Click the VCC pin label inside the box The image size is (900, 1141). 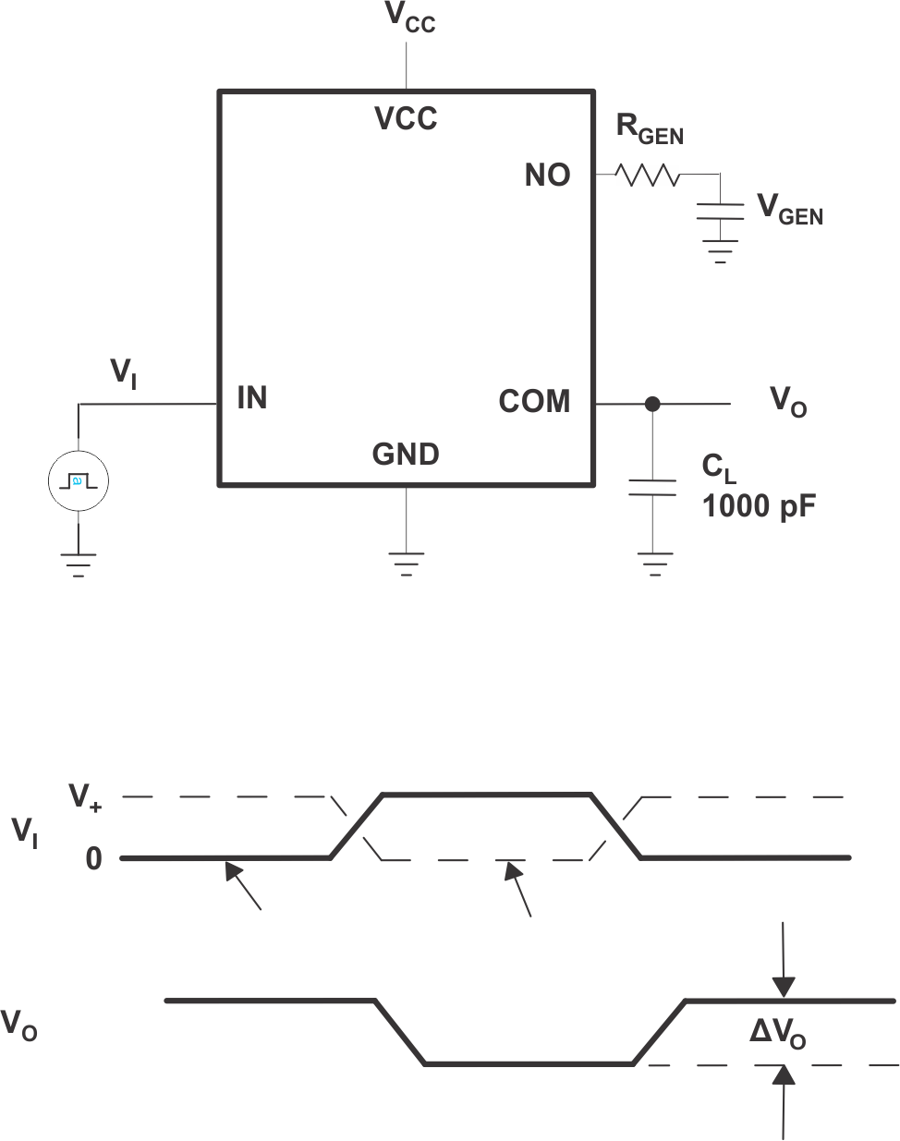406,119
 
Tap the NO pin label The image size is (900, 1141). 547,176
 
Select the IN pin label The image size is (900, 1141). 252,398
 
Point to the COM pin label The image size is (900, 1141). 534,402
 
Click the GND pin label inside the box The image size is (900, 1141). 406,455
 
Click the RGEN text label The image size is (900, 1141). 650,129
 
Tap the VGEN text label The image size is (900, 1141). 790,210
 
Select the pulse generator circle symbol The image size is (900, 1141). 78,481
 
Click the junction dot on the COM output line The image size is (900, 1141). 652,404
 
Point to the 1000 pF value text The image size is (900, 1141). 759,506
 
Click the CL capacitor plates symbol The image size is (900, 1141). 652,487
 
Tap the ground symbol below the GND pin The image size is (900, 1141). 406,563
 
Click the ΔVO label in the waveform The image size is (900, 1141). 777,1034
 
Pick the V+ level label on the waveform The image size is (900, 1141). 86,796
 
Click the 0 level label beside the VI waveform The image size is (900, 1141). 93,859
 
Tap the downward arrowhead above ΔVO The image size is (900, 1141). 784,988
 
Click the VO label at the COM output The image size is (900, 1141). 788,403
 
